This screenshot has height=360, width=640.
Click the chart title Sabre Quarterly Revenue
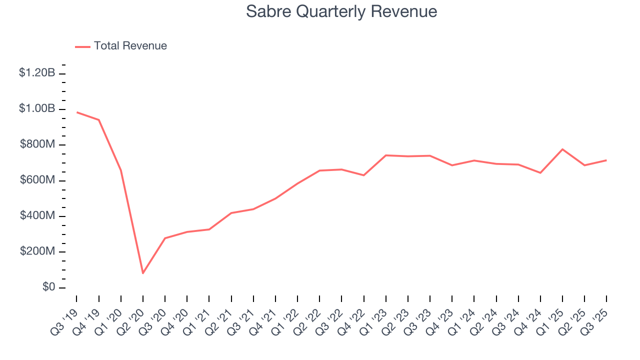(341, 11)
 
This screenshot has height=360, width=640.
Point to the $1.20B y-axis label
(37, 73)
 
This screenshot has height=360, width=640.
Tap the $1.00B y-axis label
(37, 109)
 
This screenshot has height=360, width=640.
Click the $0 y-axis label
(49, 287)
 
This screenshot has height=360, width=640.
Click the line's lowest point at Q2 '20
(143, 273)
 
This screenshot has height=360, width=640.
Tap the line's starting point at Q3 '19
(77, 112)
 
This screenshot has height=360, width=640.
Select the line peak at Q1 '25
(562, 149)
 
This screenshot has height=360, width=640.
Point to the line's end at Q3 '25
(606, 160)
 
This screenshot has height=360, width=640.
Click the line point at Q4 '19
(99, 119)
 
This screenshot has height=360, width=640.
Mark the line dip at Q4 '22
(363, 175)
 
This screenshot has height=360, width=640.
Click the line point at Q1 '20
(121, 170)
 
